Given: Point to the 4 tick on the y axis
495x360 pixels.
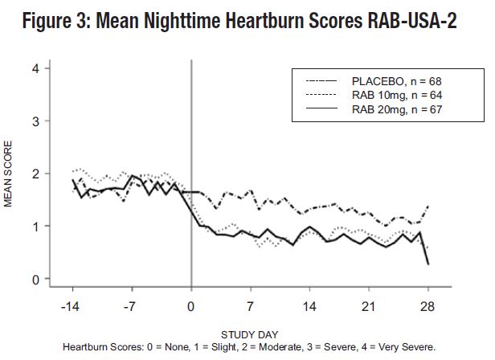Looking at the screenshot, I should coord(35,68).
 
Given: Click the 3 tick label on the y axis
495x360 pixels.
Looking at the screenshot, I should coord(35,121).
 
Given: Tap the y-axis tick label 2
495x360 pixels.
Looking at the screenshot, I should coord(35,174).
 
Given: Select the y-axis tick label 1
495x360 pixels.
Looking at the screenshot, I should coord(35,227).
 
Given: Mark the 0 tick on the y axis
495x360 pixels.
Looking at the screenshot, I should coord(35,280).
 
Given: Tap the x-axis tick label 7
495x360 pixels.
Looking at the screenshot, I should coord(251,306).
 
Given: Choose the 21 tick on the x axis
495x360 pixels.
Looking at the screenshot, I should coord(368,306).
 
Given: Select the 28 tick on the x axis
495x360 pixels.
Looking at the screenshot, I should coord(427,306).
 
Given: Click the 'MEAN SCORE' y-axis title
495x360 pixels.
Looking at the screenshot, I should coord(9,174).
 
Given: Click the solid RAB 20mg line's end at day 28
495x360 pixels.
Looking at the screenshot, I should coord(427,264).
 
